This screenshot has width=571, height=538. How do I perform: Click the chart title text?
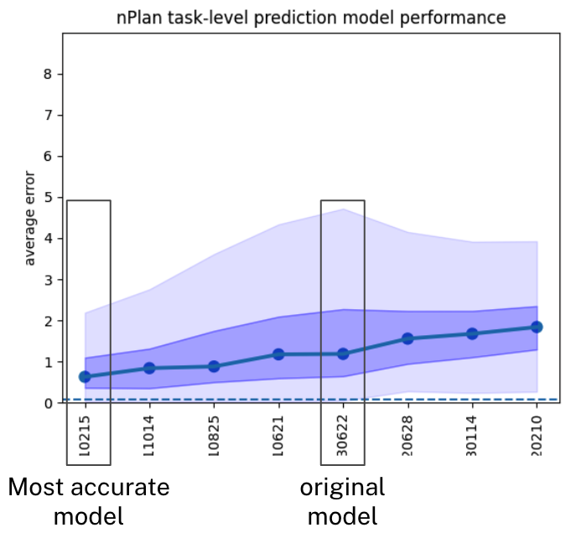(311, 18)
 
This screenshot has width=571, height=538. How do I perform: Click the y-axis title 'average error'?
(29, 219)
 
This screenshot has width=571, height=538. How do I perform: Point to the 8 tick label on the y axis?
(48, 75)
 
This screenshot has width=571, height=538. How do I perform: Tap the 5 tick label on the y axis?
(48, 198)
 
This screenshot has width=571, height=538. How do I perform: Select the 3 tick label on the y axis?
(48, 280)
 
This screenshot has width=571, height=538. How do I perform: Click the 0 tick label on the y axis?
(48, 403)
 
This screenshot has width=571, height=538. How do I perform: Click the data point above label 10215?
(85, 377)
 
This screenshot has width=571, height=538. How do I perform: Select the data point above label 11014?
(149, 368)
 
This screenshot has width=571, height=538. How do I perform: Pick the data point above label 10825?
(214, 366)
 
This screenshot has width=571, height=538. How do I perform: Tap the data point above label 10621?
(278, 354)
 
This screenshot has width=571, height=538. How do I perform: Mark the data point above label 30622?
(343, 354)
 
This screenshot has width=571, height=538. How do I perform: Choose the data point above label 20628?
(407, 339)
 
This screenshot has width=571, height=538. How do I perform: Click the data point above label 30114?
(472, 334)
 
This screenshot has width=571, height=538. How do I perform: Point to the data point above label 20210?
(537, 327)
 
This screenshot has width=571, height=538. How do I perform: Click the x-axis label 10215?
(85, 436)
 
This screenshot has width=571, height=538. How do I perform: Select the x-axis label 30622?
(343, 436)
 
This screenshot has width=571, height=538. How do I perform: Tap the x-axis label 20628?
(407, 436)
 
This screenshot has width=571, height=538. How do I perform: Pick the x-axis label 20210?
(537, 436)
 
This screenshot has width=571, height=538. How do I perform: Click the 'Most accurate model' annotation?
(89, 502)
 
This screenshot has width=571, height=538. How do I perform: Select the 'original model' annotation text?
(342, 502)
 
